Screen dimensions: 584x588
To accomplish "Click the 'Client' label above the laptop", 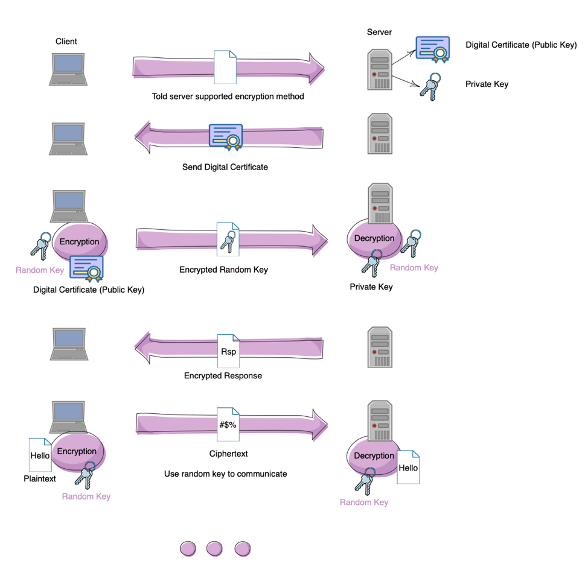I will click(66, 41).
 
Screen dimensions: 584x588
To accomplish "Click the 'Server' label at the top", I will click(379, 32).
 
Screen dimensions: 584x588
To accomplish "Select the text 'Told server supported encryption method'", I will click(228, 97).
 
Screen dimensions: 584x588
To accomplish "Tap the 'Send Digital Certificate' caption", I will click(225, 167).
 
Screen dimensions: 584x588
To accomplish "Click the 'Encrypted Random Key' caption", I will click(223, 270).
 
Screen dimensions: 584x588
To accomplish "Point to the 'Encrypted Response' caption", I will click(223, 375).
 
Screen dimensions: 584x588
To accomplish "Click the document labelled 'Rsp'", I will click(228, 351).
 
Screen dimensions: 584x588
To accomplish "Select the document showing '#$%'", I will click(228, 424).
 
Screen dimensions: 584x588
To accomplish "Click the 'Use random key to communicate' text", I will click(225, 474).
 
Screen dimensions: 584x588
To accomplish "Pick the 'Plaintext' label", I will click(40, 479).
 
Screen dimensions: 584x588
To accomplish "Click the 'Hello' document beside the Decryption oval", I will click(408, 467).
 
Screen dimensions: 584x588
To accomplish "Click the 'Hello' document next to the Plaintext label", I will click(40, 455).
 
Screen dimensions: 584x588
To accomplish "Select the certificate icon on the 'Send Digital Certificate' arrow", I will click(225, 136).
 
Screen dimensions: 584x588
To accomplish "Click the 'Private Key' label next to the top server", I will click(487, 84).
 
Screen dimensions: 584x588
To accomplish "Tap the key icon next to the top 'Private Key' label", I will click(430, 86).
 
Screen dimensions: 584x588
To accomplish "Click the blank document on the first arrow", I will click(225, 67).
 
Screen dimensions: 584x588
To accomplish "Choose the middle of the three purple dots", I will click(215, 548).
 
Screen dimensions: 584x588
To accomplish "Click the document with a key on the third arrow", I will click(228, 239).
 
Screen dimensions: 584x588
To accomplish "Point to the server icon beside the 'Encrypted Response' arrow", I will click(380, 348).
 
